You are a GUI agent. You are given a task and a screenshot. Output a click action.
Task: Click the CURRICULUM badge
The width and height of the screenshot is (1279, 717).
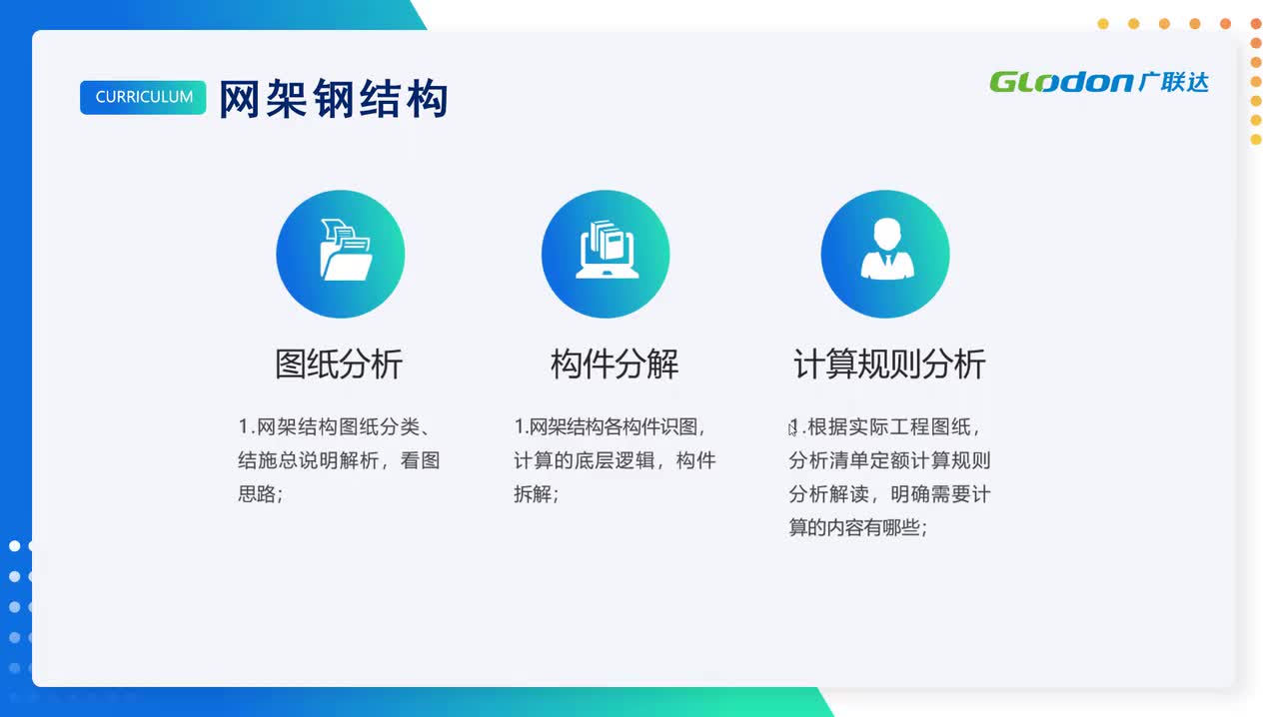(143, 97)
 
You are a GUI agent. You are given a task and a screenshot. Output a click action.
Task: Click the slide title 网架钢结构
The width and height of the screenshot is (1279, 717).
(333, 99)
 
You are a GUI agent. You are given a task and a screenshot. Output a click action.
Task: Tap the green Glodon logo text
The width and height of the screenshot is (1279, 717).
(1061, 82)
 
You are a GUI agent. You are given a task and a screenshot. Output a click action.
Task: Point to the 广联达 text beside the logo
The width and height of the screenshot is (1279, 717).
(1173, 82)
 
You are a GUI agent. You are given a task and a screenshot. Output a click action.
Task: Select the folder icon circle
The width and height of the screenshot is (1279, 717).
(340, 255)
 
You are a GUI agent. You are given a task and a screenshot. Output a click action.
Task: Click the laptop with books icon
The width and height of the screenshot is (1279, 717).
(606, 255)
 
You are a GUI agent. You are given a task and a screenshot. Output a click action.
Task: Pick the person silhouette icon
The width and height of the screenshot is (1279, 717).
(885, 255)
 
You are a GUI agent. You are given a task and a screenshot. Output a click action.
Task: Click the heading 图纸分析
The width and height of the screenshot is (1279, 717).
(339, 364)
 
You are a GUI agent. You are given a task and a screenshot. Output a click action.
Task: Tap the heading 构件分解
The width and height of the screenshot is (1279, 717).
(614, 364)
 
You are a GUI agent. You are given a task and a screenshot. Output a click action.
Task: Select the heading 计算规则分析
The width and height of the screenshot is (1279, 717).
(889, 364)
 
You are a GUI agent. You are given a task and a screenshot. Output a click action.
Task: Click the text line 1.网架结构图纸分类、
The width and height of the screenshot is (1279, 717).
(334, 427)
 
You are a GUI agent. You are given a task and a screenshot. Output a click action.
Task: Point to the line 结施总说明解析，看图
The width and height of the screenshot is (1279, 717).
(339, 460)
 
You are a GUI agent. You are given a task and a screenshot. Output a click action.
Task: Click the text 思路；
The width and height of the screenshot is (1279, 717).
(260, 493)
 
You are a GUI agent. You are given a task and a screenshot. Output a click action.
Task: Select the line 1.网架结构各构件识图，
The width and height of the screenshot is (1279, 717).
(611, 427)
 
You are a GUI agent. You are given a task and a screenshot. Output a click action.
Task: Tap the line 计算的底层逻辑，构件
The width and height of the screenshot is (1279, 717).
(615, 460)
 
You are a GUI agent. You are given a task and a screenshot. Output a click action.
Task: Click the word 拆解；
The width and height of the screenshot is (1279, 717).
(536, 493)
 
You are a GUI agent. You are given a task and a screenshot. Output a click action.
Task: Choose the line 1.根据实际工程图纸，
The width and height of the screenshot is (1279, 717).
(885, 427)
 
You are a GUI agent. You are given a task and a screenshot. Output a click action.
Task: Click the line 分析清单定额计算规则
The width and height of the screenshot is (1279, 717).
(889, 460)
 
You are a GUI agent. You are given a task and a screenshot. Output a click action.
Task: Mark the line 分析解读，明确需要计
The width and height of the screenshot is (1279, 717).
(889, 494)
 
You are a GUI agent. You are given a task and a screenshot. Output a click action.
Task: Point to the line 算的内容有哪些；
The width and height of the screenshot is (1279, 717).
(857, 527)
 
